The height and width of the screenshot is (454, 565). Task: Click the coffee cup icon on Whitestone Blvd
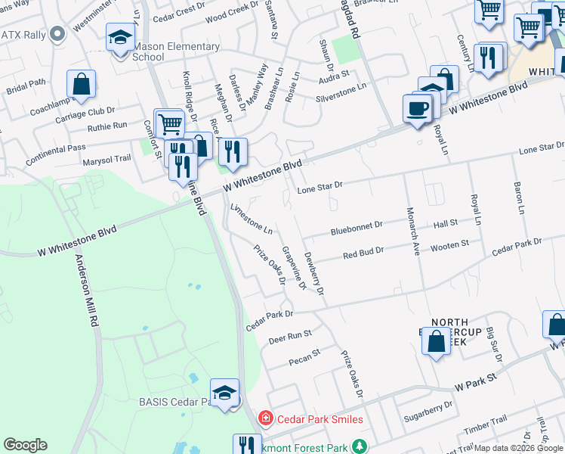417,108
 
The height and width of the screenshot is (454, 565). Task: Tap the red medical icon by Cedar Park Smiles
265,418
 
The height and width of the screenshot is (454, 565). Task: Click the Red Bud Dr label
363,253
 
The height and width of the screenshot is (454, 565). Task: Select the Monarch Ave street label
412,232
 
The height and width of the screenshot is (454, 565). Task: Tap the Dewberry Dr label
313,273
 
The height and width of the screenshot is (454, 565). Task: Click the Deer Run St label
290,337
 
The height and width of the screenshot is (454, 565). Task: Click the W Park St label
475,381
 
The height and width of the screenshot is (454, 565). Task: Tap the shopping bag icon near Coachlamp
82,84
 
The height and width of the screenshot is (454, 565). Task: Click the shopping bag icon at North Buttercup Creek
437,340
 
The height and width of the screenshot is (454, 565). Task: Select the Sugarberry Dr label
428,408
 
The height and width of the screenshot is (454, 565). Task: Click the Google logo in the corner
25,445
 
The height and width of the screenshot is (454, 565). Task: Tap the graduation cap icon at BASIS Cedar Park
224,393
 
